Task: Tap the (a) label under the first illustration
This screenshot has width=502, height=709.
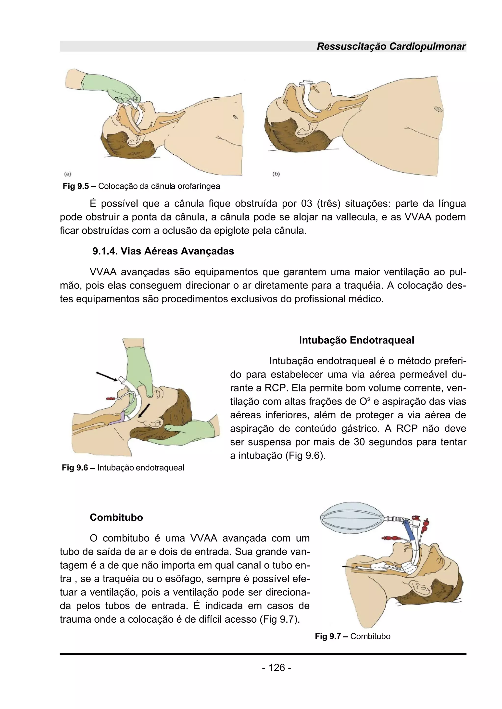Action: tap(68, 174)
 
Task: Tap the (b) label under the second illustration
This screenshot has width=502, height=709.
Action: tap(276, 174)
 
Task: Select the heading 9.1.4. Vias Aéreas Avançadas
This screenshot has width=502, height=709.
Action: tap(163, 251)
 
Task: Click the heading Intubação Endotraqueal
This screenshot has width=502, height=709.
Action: tap(356, 340)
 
